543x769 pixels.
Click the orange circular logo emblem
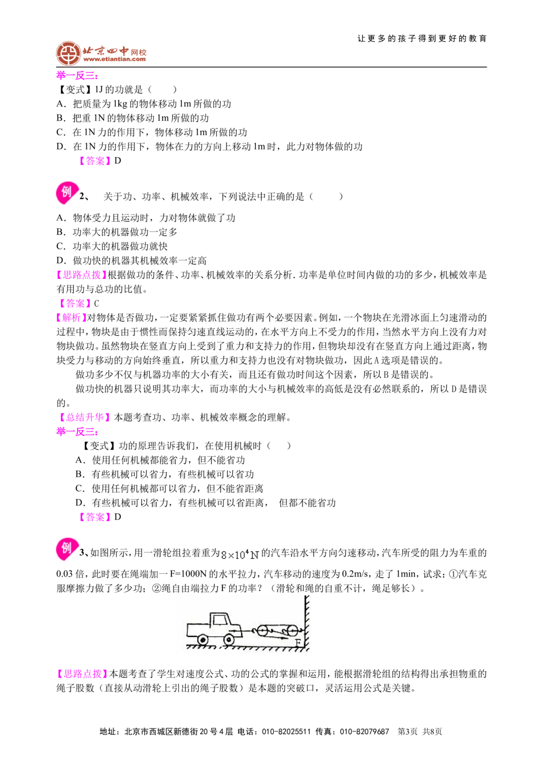pos(68,53)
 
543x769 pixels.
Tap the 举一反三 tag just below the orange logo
pos(77,76)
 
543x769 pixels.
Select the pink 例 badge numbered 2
pos(67,193)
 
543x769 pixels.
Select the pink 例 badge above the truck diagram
pos(67,549)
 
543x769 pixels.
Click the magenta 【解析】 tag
pos(72,318)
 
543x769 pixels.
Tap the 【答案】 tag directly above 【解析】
pos(74,303)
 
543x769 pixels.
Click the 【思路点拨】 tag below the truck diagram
pos(83,673)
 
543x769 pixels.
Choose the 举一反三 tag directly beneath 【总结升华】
pos(77,433)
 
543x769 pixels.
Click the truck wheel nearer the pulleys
pos(229,640)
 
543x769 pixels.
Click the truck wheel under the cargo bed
pos(203,640)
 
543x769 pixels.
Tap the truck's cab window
pos(220,619)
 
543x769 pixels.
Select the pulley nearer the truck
pos(262,631)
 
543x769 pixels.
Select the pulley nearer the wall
pos(293,631)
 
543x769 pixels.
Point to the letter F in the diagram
pos(298,643)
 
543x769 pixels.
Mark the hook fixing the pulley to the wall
pos(301,630)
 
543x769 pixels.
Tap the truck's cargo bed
pos(198,629)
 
